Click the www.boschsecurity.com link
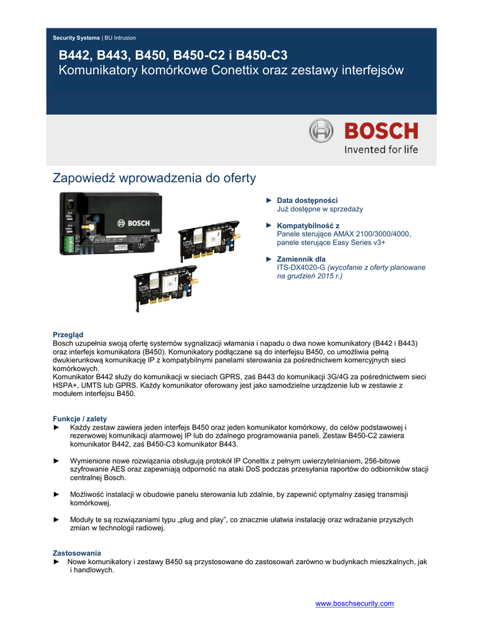click(354, 604)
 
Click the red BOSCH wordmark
click(380, 131)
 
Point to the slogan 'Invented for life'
click(380, 150)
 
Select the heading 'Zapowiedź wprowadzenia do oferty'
click(154, 179)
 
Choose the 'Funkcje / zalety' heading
click(80, 419)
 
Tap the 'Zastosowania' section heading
click(77, 553)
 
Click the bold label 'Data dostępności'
click(308, 201)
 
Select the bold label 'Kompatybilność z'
click(308, 225)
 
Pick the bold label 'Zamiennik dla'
click(301, 259)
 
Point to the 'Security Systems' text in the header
click(76, 38)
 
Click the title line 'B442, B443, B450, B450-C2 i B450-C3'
click(173, 56)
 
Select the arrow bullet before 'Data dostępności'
click(269, 201)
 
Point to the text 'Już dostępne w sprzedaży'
click(320, 209)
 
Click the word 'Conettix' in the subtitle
click(227, 70)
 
